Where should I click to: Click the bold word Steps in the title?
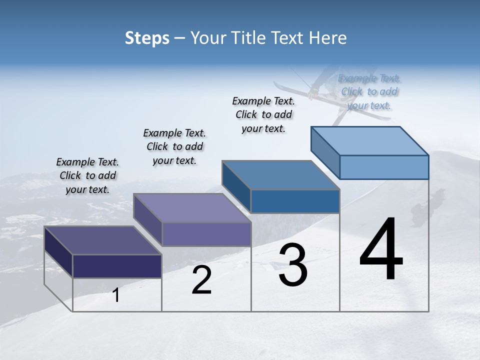[147, 38]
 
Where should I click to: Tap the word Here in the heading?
[327, 38]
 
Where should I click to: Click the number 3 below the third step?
[293, 265]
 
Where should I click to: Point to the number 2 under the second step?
[201, 280]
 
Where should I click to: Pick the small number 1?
[116, 295]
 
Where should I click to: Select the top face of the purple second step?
[192, 207]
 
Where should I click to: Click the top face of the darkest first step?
[103, 240]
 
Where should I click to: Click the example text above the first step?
[87, 175]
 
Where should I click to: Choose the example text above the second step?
[174, 146]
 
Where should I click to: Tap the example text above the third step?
[263, 114]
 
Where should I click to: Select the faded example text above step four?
[369, 91]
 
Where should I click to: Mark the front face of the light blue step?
[384, 167]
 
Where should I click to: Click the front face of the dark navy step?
[117, 266]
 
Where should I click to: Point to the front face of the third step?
[295, 201]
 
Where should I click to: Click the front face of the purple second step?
[206, 234]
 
